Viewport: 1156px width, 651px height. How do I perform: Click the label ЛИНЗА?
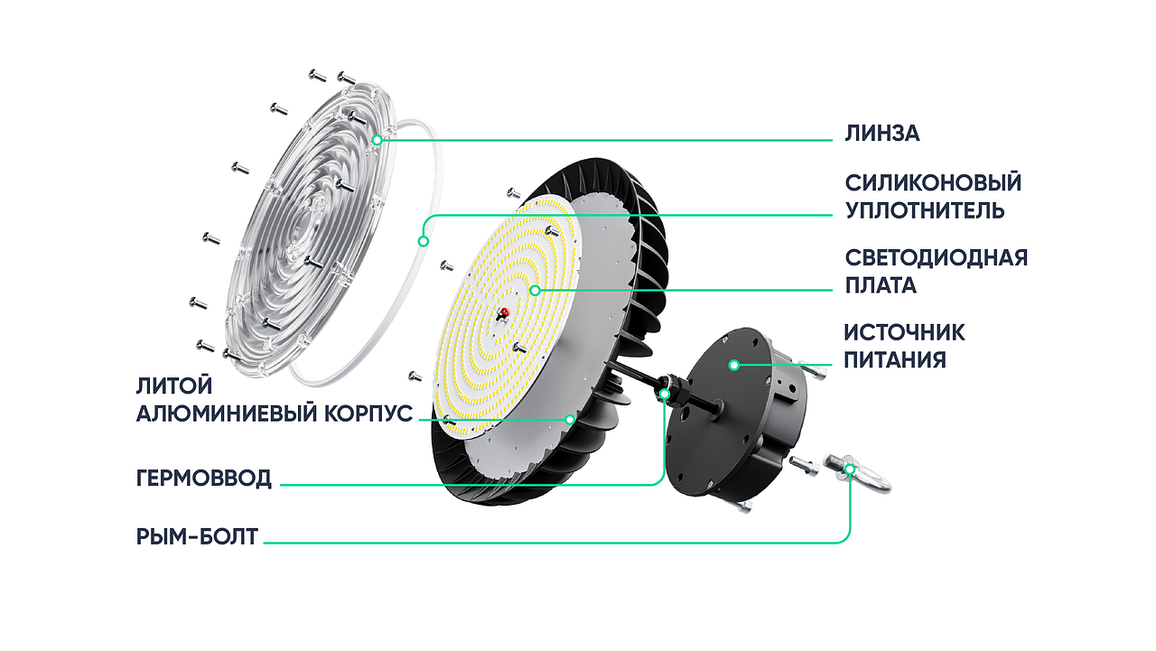(x=882, y=134)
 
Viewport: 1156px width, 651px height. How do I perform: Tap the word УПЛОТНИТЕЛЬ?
(x=925, y=210)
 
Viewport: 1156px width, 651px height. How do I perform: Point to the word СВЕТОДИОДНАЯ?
(x=937, y=257)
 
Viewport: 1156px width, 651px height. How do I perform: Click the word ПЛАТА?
(x=881, y=285)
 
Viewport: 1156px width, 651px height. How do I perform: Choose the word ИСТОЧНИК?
(x=904, y=332)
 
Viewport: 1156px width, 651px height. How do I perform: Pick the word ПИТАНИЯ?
(x=895, y=359)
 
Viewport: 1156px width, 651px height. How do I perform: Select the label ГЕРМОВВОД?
(x=204, y=479)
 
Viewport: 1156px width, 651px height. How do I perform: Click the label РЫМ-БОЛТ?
(x=197, y=537)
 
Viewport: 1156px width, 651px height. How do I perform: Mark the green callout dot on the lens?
(x=378, y=140)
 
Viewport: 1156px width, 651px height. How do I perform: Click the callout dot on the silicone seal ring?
(x=424, y=241)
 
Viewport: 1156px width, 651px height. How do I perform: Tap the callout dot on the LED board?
(x=536, y=291)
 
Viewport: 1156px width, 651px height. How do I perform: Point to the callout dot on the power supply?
(x=734, y=365)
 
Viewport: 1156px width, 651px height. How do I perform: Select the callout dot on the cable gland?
(x=665, y=395)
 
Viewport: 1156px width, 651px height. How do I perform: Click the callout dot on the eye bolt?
(x=850, y=470)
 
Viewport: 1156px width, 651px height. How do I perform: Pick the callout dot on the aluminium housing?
(x=570, y=419)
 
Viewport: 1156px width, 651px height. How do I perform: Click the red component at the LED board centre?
(x=504, y=312)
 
